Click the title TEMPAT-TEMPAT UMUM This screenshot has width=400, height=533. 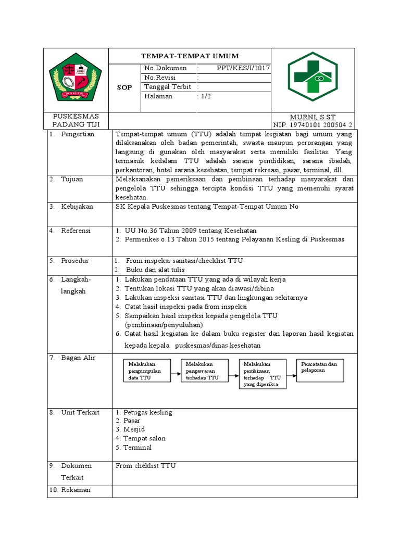(190, 56)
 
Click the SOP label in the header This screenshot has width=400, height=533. (125, 88)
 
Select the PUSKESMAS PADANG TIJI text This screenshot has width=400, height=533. (77, 120)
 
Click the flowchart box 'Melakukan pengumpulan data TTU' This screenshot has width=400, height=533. (146, 371)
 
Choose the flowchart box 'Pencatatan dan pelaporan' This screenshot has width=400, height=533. (320, 371)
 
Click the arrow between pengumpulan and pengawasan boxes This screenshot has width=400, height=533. (175, 371)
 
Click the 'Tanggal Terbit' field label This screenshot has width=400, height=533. (167, 87)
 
